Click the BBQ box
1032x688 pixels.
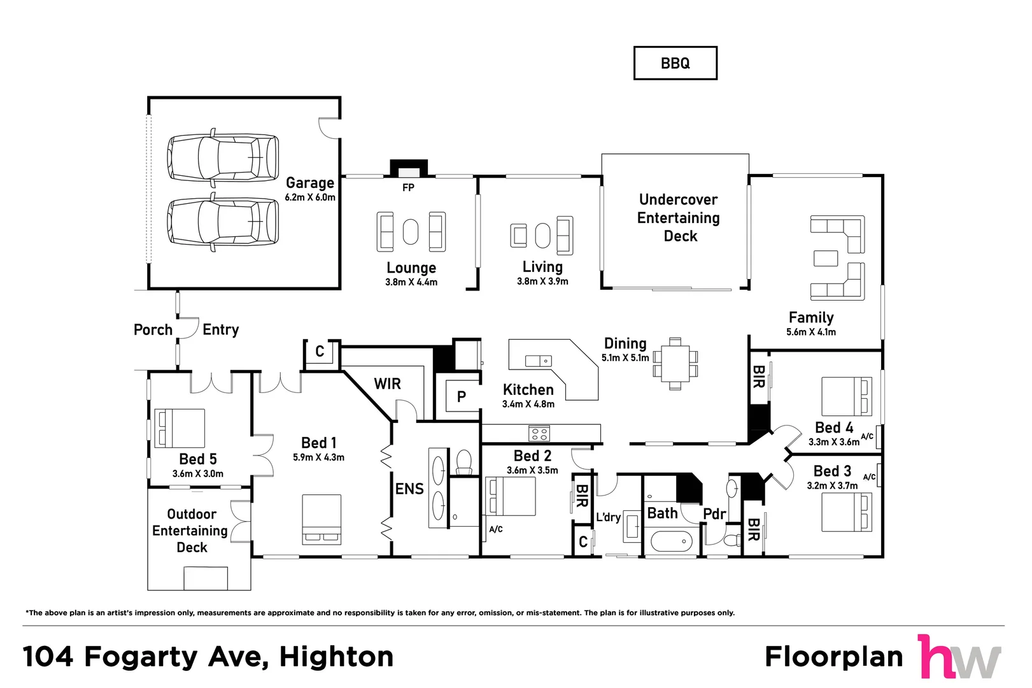[x=675, y=63]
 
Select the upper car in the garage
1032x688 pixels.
[x=223, y=157]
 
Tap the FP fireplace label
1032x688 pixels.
[x=408, y=187]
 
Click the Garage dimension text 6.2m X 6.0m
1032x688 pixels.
[x=310, y=197]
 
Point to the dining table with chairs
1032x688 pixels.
[x=675, y=364]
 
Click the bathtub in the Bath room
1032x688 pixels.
[x=672, y=542]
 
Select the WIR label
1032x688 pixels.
[x=387, y=383]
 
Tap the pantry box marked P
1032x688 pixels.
[x=462, y=397]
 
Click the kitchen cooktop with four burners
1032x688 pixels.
[x=539, y=434]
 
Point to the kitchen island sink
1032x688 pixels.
[x=538, y=361]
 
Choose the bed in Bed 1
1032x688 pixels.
[x=322, y=519]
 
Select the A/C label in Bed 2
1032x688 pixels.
[x=496, y=529]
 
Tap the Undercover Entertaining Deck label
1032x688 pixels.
[x=679, y=218]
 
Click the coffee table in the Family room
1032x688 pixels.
[x=826, y=258]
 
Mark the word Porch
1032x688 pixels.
[x=153, y=330]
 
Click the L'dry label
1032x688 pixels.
[x=608, y=517]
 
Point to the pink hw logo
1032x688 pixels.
[x=959, y=657]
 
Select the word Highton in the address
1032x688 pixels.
[x=336, y=657]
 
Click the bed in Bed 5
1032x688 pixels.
[x=180, y=428]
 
